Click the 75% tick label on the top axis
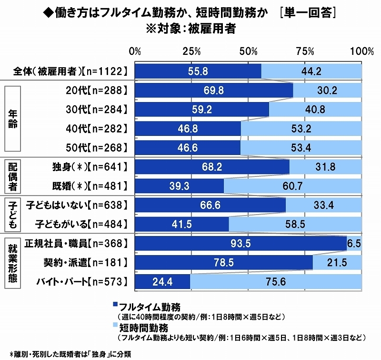(305, 51)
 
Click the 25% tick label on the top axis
(191, 51)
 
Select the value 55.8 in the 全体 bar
(198, 71)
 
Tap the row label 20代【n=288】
(97, 90)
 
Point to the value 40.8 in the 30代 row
(315, 110)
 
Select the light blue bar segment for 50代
(301, 148)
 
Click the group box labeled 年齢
(13, 119)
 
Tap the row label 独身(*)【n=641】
(90, 167)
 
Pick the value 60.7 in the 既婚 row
(293, 186)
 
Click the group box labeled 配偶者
(13, 176)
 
